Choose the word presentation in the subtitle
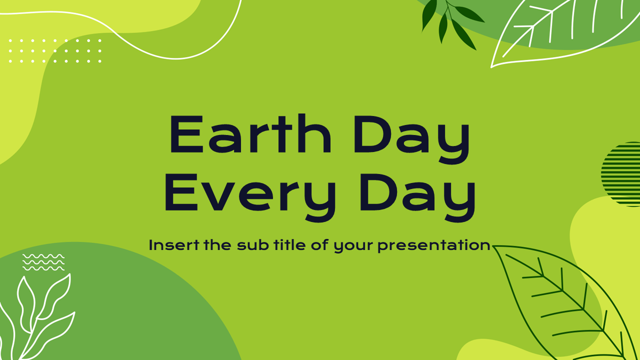click(x=434, y=246)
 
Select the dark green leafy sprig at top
click(x=450, y=22)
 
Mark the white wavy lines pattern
click(x=43, y=262)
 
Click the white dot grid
click(x=55, y=50)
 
